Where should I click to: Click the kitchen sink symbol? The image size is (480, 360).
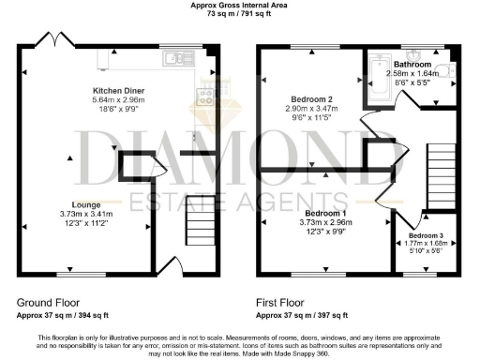tap(174, 59)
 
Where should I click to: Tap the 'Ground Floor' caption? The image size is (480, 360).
tap(46, 303)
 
